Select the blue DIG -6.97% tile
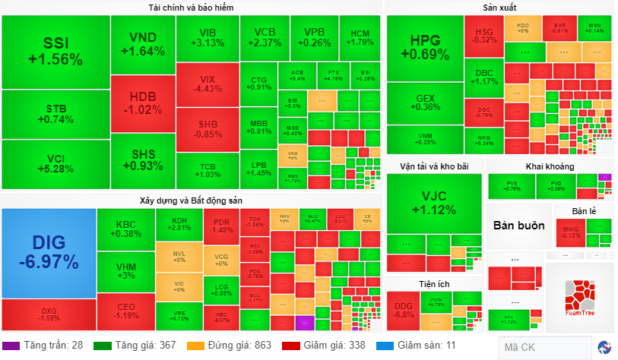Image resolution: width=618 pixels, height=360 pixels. point(49,253)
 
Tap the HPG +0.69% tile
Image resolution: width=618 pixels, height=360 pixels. point(425,48)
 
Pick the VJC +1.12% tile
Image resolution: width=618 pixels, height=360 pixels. point(434,203)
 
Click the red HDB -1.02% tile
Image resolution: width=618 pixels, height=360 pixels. point(142,104)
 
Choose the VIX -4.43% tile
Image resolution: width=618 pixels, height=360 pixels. point(207,84)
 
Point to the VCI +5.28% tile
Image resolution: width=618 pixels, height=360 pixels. point(55,163)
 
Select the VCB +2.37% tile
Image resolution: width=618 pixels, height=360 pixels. point(264,37)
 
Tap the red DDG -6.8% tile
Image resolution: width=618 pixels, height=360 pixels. point(403,310)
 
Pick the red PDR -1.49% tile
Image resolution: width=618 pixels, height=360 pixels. point(221,225)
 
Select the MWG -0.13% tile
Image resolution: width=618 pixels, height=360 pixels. point(569,232)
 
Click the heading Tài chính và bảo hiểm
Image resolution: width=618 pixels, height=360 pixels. point(191,8)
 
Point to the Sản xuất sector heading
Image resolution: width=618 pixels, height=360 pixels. point(499,8)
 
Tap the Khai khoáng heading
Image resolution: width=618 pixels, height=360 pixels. point(549,166)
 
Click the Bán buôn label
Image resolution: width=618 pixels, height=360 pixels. point(518,226)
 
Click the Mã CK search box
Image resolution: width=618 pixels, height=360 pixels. point(544,348)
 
